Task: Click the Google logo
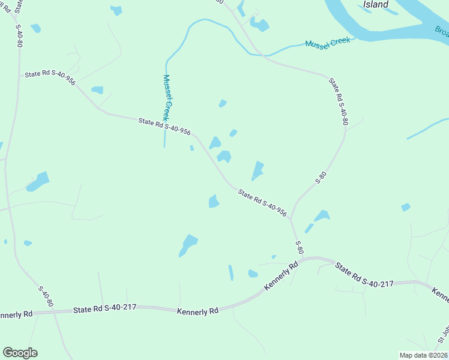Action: (x=20, y=353)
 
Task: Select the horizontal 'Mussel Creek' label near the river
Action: (x=327, y=44)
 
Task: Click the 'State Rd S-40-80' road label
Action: (x=339, y=101)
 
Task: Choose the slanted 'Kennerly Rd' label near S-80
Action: (x=282, y=277)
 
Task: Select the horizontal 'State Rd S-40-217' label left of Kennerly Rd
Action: (x=105, y=308)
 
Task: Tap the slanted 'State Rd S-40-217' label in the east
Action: (x=364, y=275)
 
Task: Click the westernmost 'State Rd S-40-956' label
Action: (x=50, y=77)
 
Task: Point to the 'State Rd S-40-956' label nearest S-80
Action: (x=262, y=203)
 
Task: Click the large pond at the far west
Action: (x=38, y=181)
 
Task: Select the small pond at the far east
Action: (x=406, y=207)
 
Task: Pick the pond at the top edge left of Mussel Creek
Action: (x=116, y=10)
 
